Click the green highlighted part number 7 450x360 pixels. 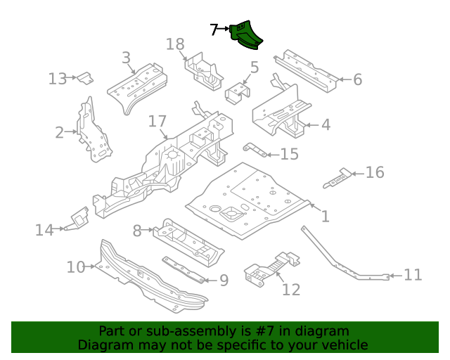coord(247,35)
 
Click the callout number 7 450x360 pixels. coord(215,30)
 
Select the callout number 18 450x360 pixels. coord(175,44)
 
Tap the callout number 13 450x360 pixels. coord(58,79)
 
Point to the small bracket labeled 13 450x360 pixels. coord(84,77)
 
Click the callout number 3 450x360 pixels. coord(126,58)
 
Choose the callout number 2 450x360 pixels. coord(60,131)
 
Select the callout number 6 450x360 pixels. coord(357,79)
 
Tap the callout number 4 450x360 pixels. coord(325,125)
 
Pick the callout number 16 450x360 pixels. coord(375,172)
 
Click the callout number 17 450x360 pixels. coord(157,122)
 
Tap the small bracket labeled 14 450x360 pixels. coord(78,219)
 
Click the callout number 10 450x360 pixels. coord(76,267)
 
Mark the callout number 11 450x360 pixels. coord(413,274)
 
